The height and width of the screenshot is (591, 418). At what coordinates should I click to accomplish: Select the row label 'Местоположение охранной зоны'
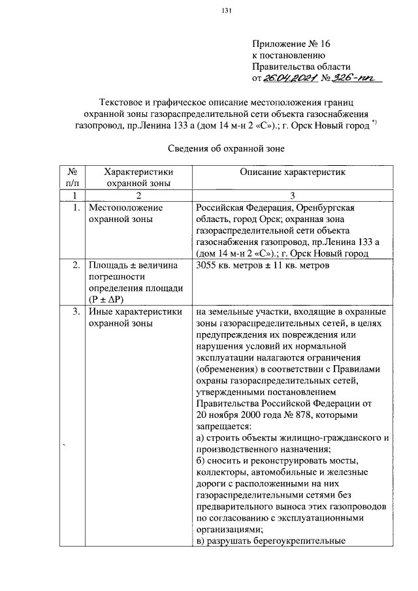(x=125, y=213)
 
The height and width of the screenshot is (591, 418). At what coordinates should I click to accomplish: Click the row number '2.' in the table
(x=76, y=266)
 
